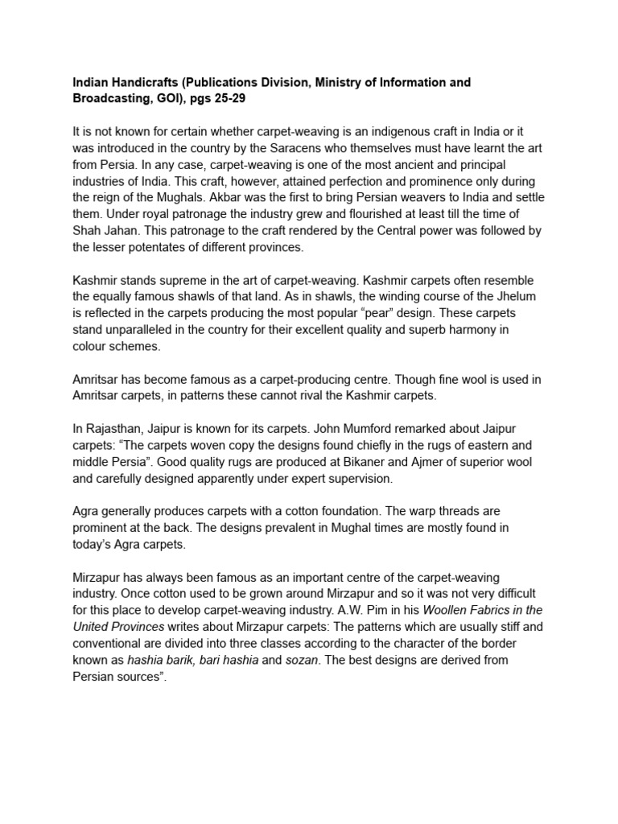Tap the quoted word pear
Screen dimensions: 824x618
tap(413, 314)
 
